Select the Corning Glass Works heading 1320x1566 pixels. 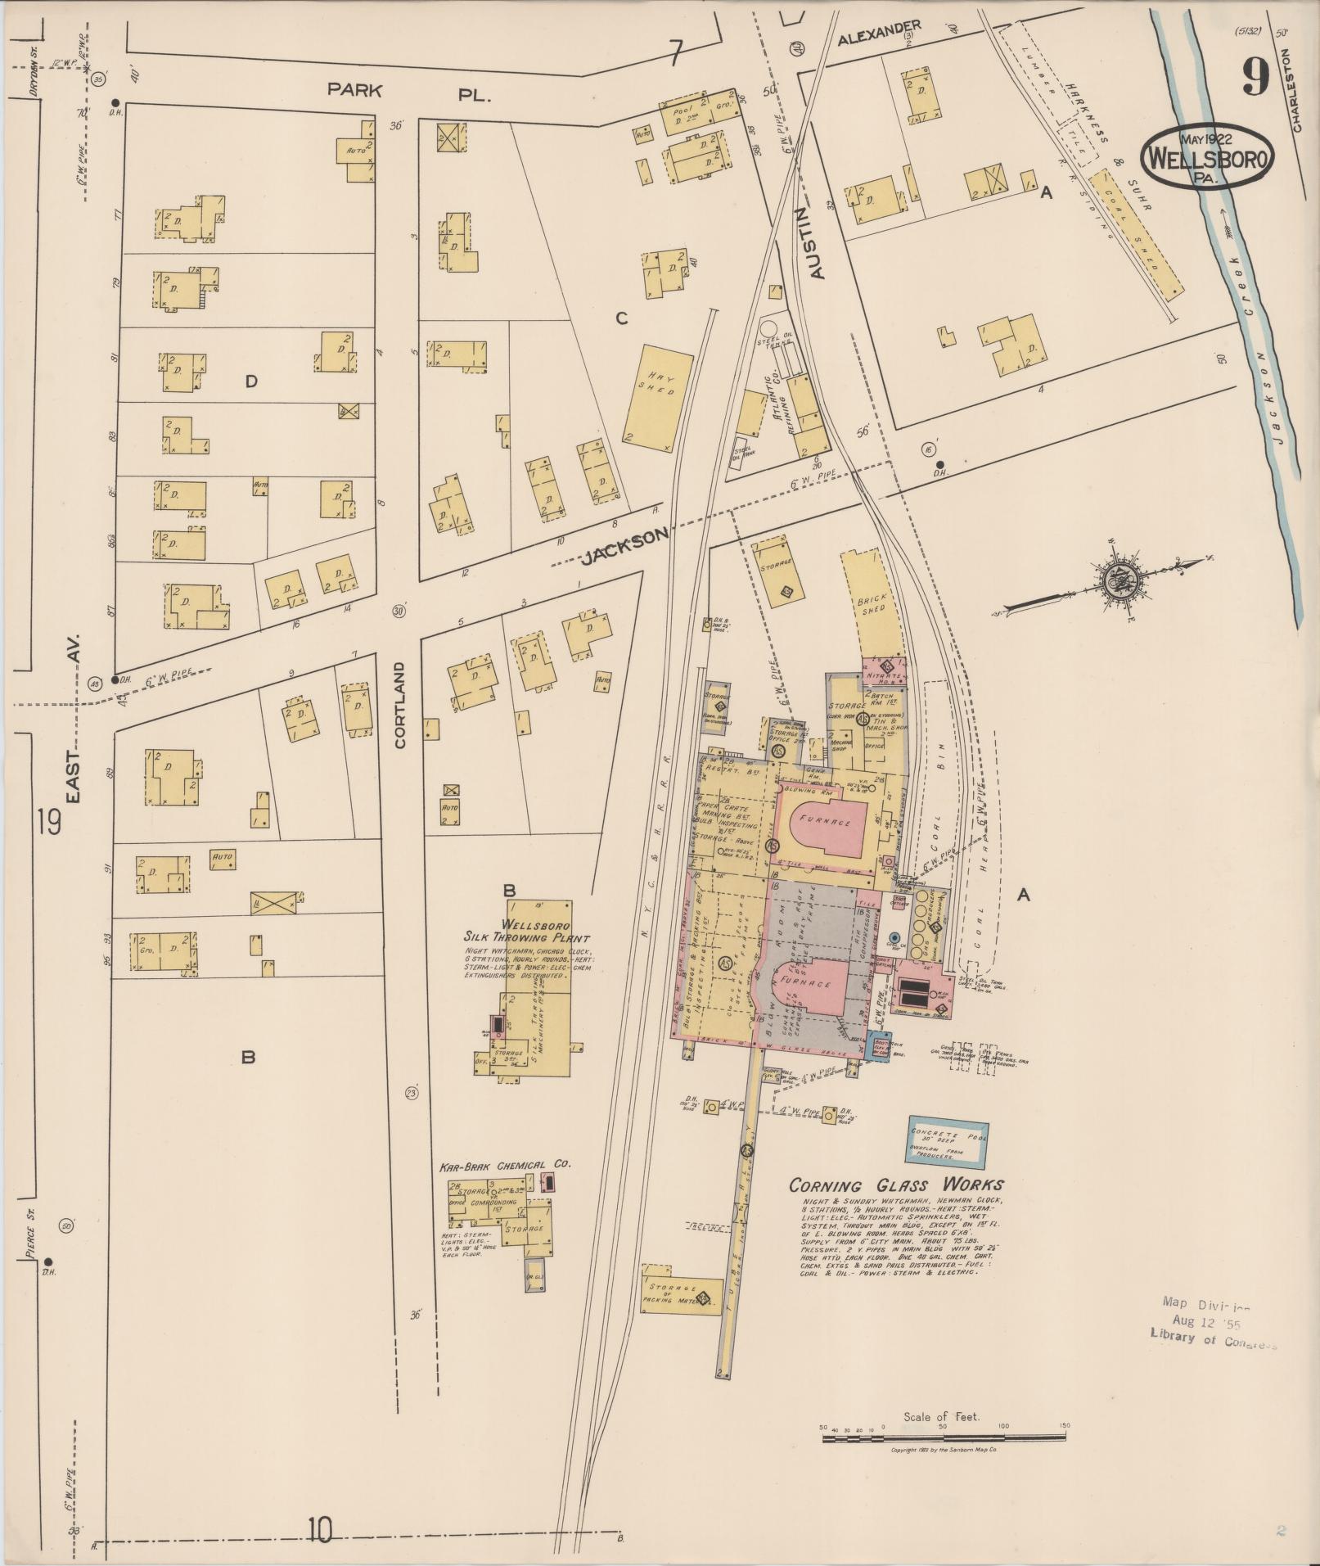tap(895, 1185)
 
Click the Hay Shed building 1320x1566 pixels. tap(658, 398)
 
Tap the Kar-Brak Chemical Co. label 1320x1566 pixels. tap(505, 1163)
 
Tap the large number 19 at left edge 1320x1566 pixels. tap(48, 821)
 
